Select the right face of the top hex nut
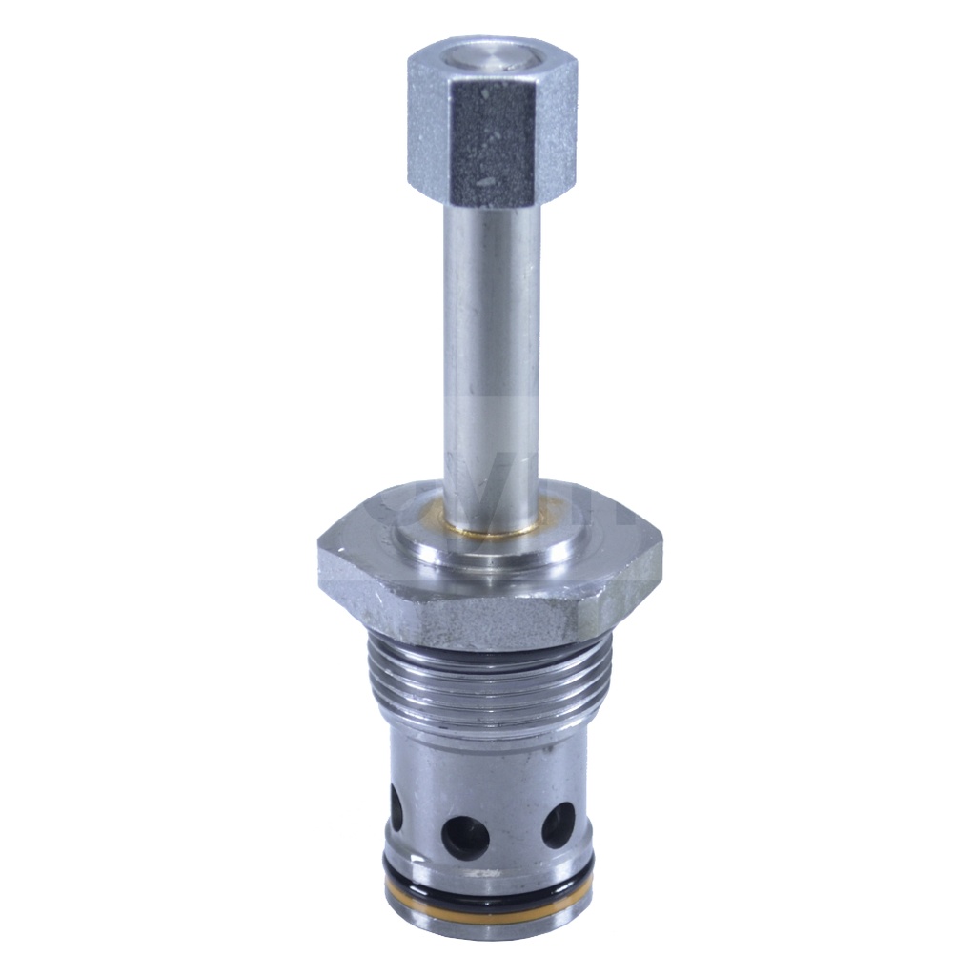click(x=559, y=133)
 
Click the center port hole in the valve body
click(x=465, y=838)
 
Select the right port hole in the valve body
click(x=558, y=824)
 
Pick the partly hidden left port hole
click(x=396, y=807)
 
